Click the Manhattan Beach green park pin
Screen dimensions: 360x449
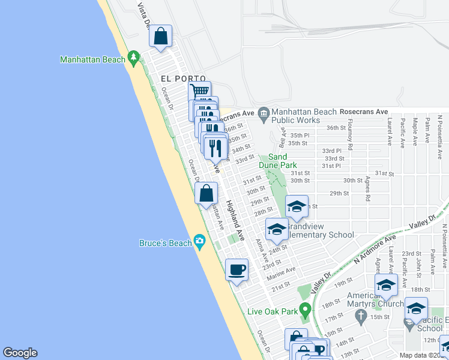(x=134, y=58)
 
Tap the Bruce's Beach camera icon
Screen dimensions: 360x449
(x=199, y=242)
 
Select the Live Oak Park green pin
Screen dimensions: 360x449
(x=306, y=311)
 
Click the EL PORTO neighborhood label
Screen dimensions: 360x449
(x=183, y=79)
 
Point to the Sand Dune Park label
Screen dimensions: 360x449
(x=277, y=160)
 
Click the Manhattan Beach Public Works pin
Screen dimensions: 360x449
(x=263, y=112)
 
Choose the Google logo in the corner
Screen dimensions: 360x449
(x=20, y=353)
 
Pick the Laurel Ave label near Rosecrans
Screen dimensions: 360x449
(x=390, y=132)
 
